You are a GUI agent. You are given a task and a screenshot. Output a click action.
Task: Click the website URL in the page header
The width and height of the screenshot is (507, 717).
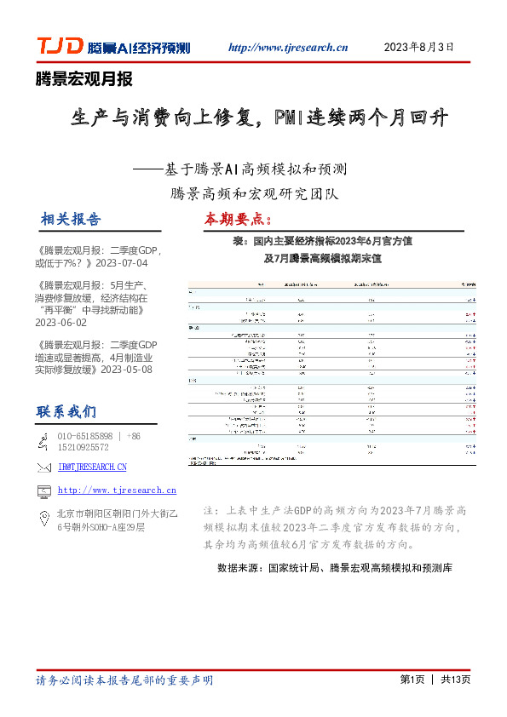(289, 48)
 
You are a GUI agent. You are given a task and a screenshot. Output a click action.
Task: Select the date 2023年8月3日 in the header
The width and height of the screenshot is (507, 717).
(419, 47)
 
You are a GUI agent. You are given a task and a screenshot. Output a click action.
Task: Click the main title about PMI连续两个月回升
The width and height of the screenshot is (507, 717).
(259, 118)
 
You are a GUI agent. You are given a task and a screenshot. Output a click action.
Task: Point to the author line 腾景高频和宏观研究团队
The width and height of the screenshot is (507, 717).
(254, 193)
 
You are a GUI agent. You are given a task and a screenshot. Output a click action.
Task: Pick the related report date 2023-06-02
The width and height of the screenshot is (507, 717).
(72, 323)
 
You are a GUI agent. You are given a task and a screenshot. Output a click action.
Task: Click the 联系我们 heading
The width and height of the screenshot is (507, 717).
(66, 412)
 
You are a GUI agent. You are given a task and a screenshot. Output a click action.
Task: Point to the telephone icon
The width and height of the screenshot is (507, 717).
(43, 440)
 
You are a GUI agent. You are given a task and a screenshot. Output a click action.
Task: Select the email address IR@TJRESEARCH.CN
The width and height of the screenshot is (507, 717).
(92, 467)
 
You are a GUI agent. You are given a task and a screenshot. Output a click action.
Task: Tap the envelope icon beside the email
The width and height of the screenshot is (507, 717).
(43, 467)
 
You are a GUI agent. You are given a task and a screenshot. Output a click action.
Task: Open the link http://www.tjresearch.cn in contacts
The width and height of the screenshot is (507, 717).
(117, 490)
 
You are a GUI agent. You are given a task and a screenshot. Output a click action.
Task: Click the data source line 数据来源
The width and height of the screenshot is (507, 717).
(334, 567)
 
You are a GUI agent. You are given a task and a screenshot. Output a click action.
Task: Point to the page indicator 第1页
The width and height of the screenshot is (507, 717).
(412, 680)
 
